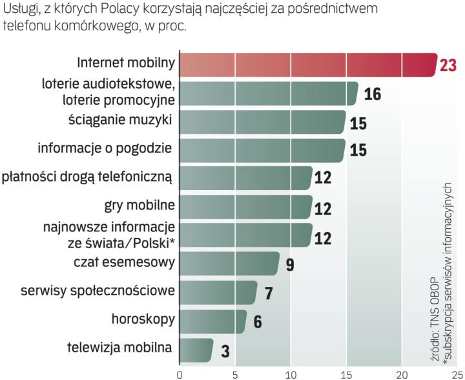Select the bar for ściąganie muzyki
[262, 121]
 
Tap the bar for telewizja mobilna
[196, 350]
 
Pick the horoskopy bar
[212, 321]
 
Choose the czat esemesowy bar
[229, 264]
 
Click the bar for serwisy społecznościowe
[218, 292]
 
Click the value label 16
[371, 94]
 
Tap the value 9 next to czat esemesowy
[290, 265]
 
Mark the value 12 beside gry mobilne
[323, 208]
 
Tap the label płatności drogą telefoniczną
[88, 176]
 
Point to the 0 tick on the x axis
[180, 373]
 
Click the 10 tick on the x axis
[291, 373]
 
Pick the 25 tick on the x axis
[457, 373]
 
